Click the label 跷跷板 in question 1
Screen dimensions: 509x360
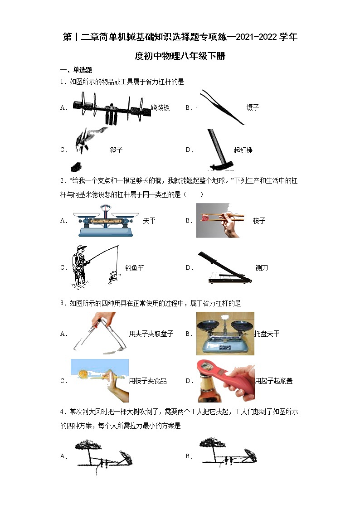[x=161, y=107]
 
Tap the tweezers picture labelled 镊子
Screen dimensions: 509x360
[x=222, y=108]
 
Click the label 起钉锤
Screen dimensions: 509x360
[x=243, y=150]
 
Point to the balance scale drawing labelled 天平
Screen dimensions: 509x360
[x=106, y=220]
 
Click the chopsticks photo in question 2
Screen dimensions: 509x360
[x=220, y=220]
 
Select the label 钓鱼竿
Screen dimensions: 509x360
[x=135, y=268]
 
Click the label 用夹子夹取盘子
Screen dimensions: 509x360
[x=151, y=334]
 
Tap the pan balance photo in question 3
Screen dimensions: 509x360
[x=225, y=333]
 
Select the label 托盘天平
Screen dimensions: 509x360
[x=267, y=334]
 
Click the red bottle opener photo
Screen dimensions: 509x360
[x=225, y=381]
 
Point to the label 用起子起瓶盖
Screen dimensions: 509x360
[x=273, y=381]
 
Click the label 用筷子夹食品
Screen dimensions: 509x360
[x=148, y=381]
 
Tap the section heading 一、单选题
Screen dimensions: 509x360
[x=76, y=70]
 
